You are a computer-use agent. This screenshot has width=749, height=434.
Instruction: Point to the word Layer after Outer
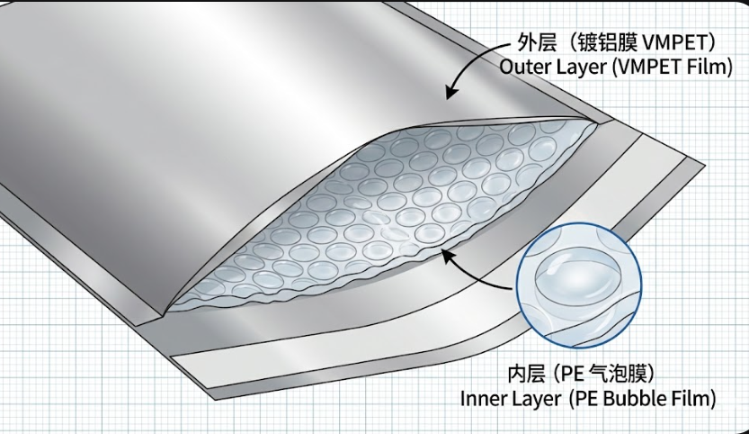(x=579, y=68)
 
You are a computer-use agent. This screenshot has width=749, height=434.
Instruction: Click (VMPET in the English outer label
(x=646, y=68)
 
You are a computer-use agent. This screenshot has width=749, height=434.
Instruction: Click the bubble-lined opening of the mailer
(x=378, y=216)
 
